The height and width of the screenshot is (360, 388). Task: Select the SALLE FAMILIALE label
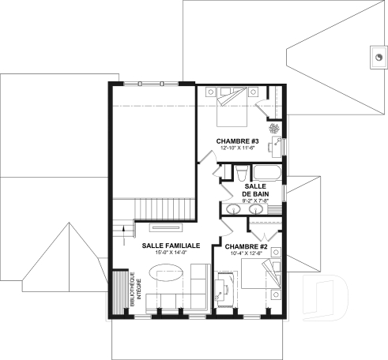(171, 246)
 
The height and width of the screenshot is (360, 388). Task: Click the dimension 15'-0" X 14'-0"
(171, 253)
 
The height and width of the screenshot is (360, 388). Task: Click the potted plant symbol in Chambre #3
(274, 129)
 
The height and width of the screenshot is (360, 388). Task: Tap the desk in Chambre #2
(224, 287)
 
